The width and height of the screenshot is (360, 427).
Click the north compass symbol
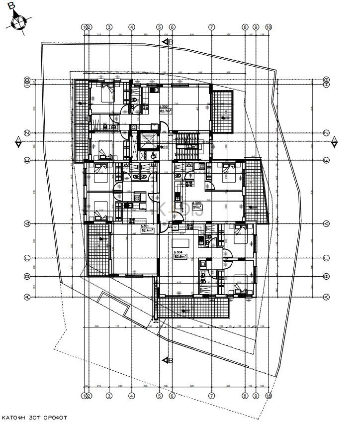pos(19,22)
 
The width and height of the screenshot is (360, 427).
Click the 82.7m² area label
pos(165,111)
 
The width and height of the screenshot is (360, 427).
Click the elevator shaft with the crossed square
pos(147,140)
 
